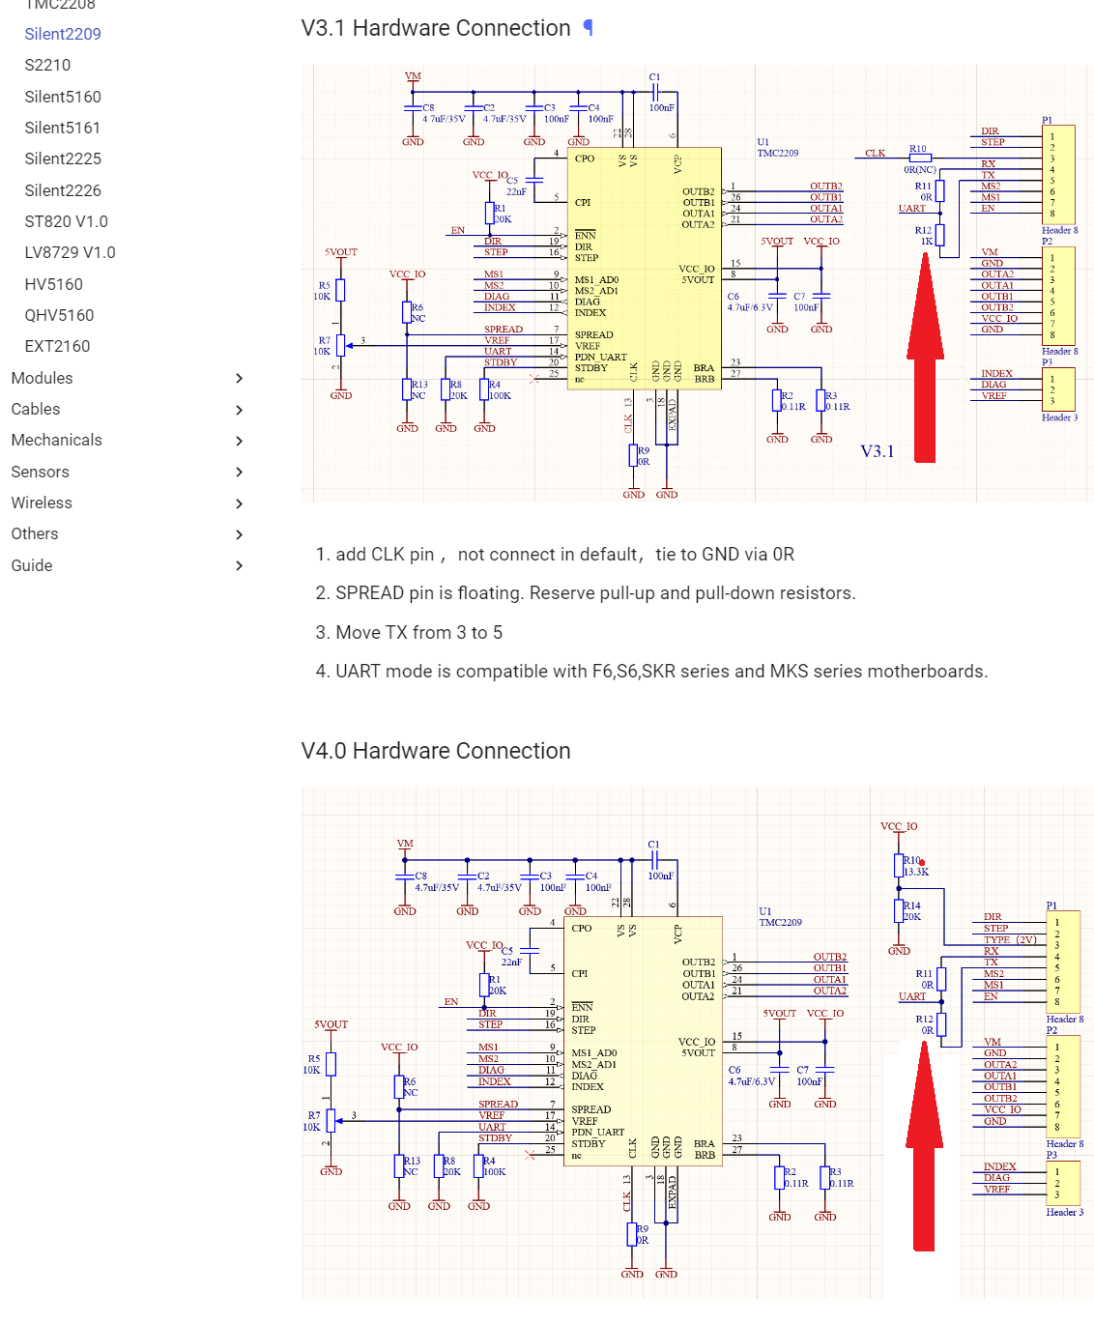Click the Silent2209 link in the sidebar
[x=63, y=34]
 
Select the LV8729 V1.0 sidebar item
[x=70, y=252]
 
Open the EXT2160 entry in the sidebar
[x=57, y=346]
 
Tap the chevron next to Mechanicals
[x=239, y=441]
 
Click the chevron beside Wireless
[x=239, y=503]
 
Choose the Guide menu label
[x=32, y=565]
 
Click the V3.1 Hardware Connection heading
[x=436, y=28]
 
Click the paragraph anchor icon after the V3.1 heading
[x=588, y=28]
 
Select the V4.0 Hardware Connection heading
[x=436, y=751]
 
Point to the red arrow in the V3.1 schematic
[x=925, y=367]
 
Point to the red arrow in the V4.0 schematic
[x=924, y=1150]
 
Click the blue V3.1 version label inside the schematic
[x=878, y=451]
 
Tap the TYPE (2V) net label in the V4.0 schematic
[x=1010, y=939]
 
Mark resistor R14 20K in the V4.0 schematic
[x=900, y=910]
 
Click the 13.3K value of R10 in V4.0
[x=916, y=872]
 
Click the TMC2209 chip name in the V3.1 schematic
[x=777, y=153]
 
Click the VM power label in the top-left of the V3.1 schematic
[x=413, y=76]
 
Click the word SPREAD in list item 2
[x=369, y=593]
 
